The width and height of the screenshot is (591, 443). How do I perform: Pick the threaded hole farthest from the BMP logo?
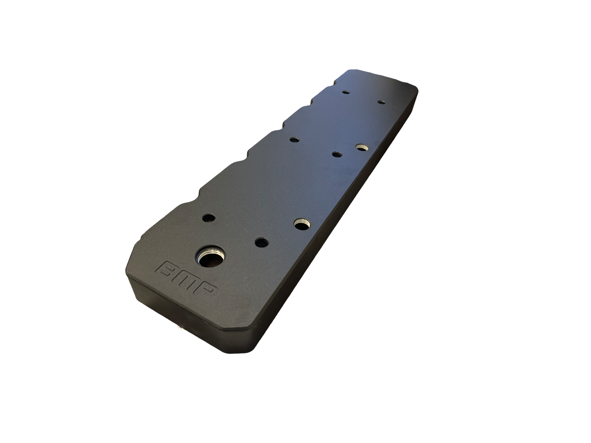[361, 147]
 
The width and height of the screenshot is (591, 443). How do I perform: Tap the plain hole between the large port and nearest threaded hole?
[261, 242]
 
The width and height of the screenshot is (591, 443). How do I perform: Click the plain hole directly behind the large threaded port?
[209, 218]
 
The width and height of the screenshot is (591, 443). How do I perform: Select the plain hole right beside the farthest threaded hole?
[336, 154]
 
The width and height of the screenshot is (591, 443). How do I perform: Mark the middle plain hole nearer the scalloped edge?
[294, 140]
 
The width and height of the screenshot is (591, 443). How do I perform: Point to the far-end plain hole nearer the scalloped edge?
[346, 92]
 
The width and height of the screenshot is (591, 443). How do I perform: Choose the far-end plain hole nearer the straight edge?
[381, 102]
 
